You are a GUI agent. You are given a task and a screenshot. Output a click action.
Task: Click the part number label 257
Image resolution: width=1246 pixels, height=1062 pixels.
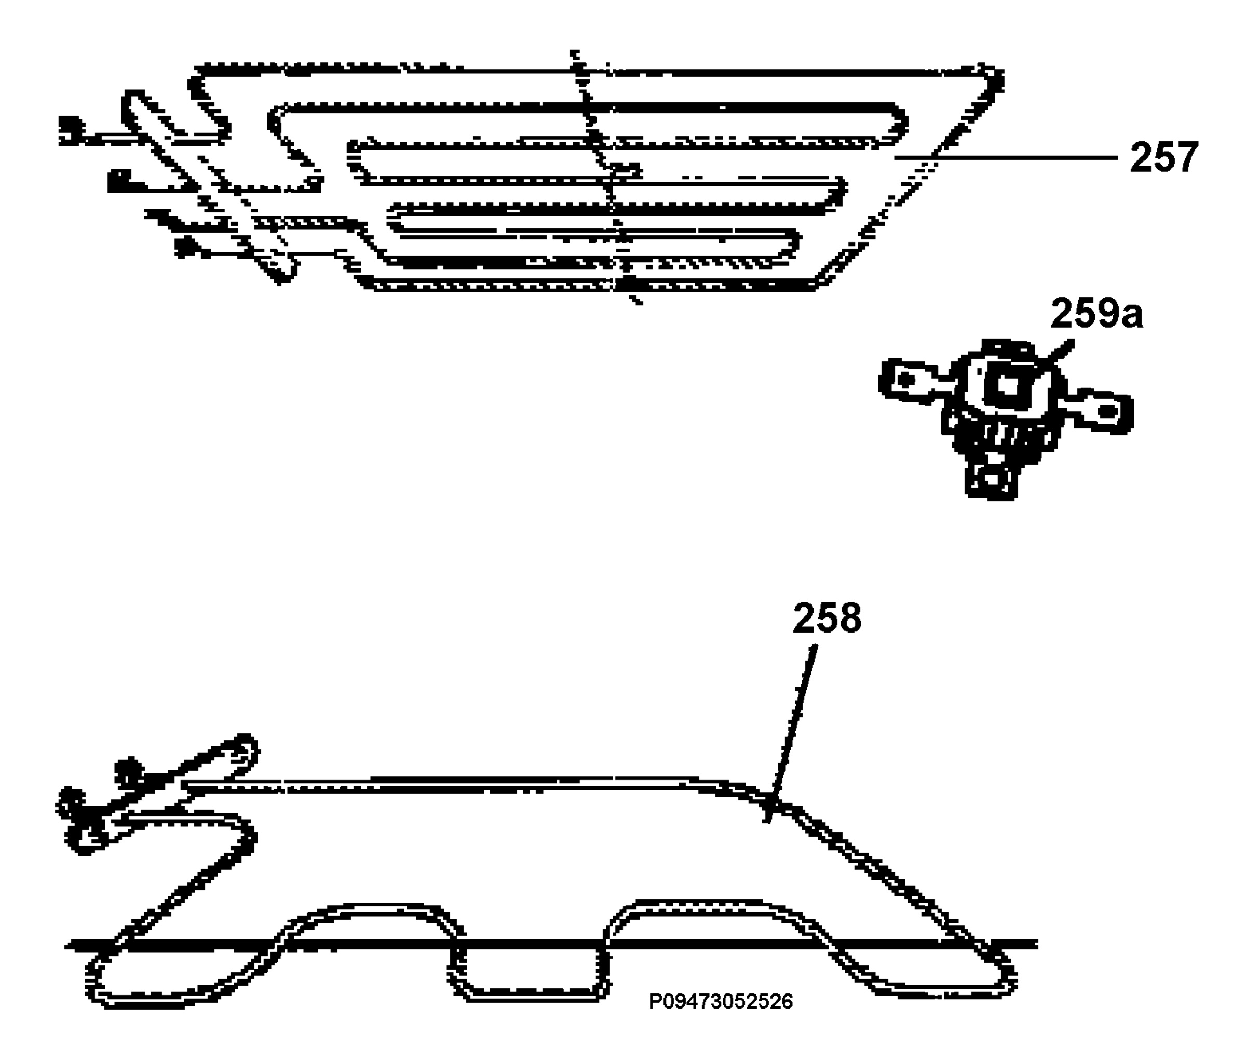pyautogui.click(x=1163, y=157)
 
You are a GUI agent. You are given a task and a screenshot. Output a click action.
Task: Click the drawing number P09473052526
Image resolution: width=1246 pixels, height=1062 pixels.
pyautogui.click(x=721, y=1001)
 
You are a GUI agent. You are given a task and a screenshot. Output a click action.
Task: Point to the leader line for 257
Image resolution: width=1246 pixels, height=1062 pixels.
pyautogui.click(x=1006, y=157)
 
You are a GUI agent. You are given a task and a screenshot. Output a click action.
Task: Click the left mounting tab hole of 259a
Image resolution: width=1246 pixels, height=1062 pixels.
pyautogui.click(x=908, y=380)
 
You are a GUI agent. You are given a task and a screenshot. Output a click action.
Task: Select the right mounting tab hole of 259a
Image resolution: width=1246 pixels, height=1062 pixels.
pyautogui.click(x=1107, y=412)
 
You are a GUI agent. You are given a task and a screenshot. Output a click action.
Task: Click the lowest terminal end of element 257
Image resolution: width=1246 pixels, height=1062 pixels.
pyautogui.click(x=187, y=247)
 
